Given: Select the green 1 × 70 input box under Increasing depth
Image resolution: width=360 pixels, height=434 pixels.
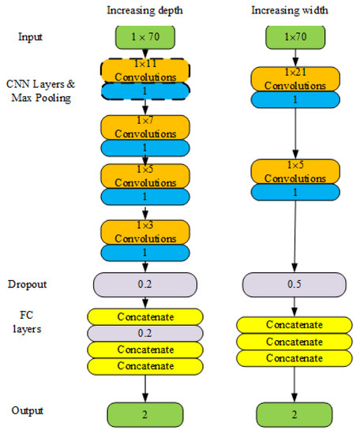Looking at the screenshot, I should pyautogui.click(x=144, y=36).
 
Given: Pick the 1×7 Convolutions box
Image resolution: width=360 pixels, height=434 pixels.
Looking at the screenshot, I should pyautogui.click(x=144, y=127).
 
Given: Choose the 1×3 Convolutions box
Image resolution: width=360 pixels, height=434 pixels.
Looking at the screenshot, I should pyautogui.click(x=144, y=232).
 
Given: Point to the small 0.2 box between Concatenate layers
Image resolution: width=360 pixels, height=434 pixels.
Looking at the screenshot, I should pyautogui.click(x=144, y=333).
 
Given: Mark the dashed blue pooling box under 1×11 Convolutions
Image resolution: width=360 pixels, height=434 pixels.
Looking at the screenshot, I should pyautogui.click(x=144, y=91).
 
